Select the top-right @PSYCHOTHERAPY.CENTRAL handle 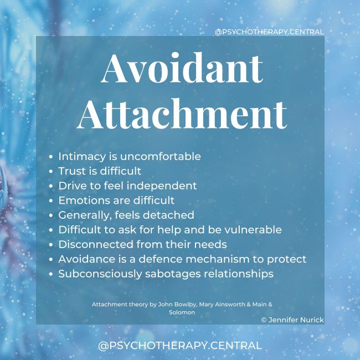click(x=269, y=32)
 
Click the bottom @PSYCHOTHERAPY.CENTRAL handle click(x=179, y=346)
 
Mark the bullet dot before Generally click(x=52, y=215)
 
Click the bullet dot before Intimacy click(x=52, y=157)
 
